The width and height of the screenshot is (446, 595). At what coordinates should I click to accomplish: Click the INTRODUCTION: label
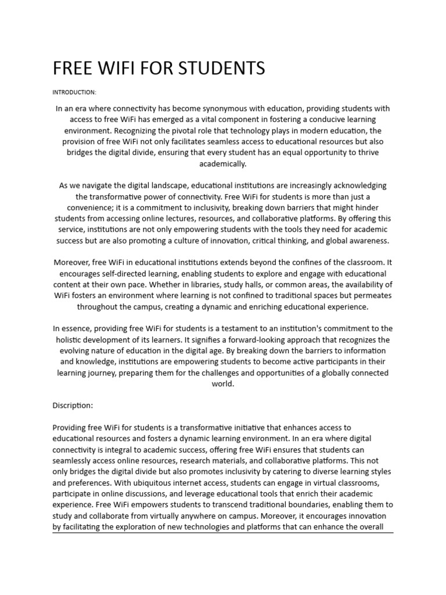[74, 92]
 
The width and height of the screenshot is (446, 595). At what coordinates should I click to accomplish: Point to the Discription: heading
[73, 405]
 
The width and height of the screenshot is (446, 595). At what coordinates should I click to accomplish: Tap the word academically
[222, 164]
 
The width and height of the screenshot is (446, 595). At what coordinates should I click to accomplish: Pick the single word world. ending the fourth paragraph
[222, 384]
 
